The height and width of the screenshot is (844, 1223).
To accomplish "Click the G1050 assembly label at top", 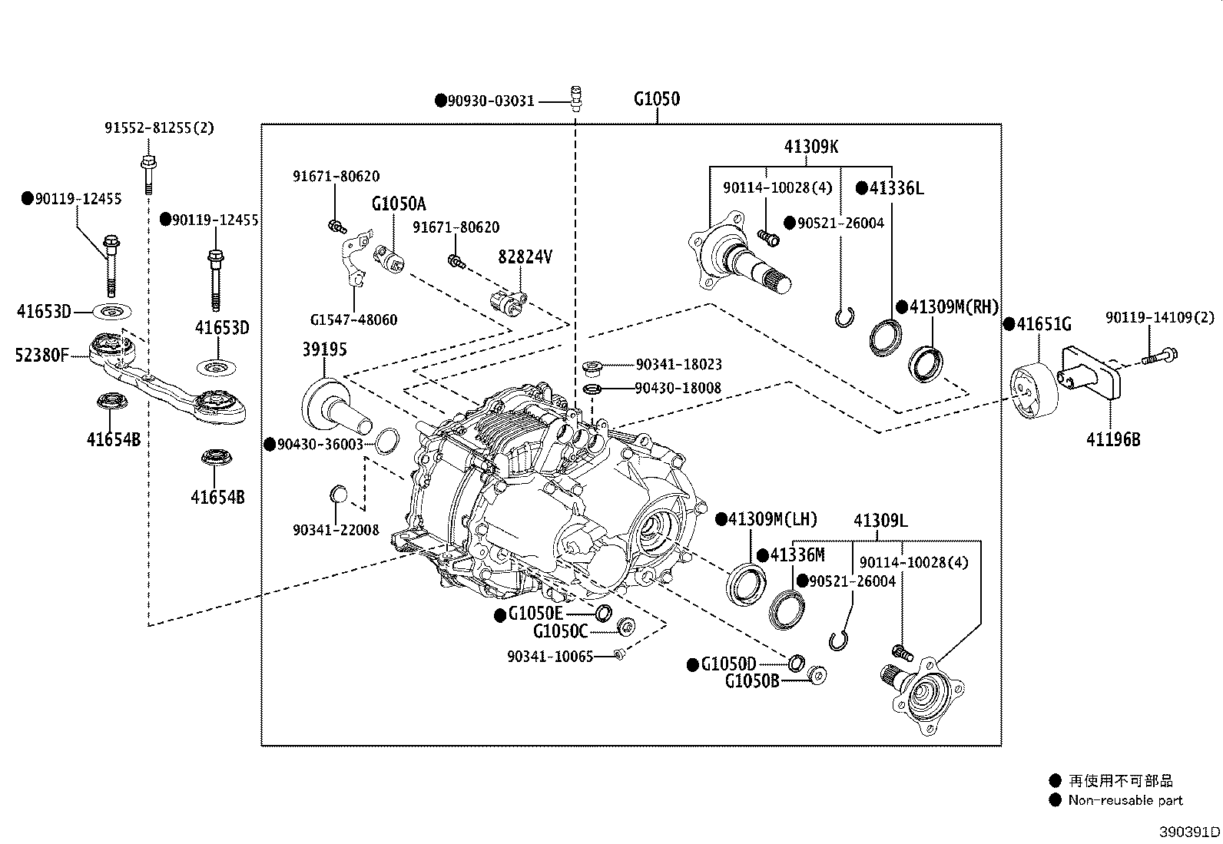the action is click(x=657, y=99).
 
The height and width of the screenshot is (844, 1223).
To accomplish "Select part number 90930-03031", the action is click(x=491, y=101).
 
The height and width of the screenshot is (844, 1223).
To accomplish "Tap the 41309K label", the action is click(x=811, y=147).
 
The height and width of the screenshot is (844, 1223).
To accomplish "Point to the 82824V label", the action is click(x=525, y=257).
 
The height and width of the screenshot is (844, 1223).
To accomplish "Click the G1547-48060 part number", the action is click(x=354, y=319).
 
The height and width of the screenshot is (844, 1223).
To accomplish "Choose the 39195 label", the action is click(x=325, y=349).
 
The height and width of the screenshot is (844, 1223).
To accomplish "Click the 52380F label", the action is click(x=42, y=356).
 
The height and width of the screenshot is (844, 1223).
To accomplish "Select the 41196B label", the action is click(x=1113, y=439).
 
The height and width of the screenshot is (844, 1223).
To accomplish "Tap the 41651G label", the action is click(x=1044, y=324).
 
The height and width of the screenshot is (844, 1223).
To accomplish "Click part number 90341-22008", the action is click(x=336, y=530).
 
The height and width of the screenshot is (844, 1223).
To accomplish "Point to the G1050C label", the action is click(x=560, y=631).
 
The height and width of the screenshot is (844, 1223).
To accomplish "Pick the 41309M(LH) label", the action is click(x=773, y=518).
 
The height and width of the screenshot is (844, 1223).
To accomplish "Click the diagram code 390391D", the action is click(x=1190, y=832).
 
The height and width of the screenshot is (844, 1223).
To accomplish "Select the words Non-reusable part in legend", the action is click(x=1125, y=800).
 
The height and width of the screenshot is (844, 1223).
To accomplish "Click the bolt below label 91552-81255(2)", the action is click(x=148, y=174).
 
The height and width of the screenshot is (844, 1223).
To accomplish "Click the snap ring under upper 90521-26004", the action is click(x=844, y=318).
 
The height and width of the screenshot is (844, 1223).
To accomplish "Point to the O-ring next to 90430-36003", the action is click(x=387, y=441).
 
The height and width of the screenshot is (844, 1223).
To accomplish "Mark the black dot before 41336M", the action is click(x=763, y=556).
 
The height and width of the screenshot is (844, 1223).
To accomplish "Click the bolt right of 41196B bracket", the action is click(x=1159, y=356).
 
